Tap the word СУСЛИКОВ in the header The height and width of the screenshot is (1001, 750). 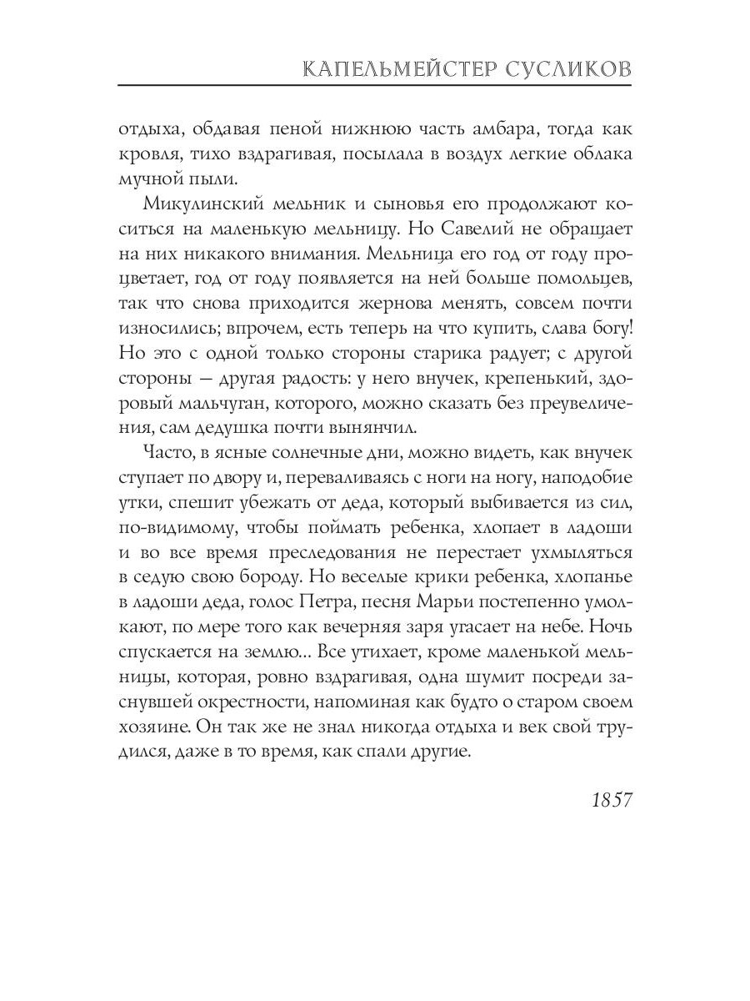(x=569, y=69)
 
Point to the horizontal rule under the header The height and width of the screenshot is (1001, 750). (x=375, y=86)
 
